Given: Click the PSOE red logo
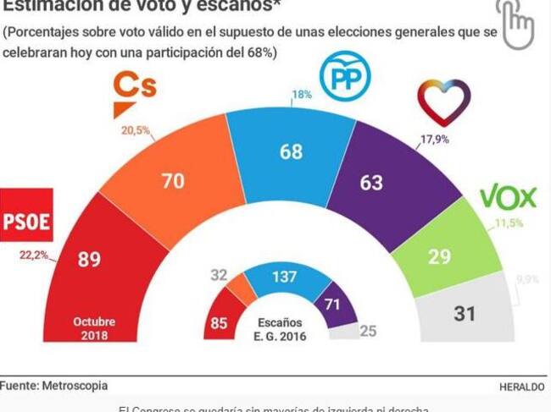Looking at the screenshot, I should [x=27, y=215].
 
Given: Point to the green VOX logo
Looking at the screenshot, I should [x=509, y=198].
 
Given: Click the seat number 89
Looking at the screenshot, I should [x=89, y=260].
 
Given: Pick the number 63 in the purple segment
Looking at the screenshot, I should [x=371, y=182].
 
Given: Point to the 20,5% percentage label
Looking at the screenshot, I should [x=136, y=131].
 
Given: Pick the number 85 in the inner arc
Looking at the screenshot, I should [x=220, y=321].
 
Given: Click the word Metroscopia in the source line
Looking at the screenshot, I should [x=77, y=386].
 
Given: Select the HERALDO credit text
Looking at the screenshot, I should [x=522, y=387].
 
